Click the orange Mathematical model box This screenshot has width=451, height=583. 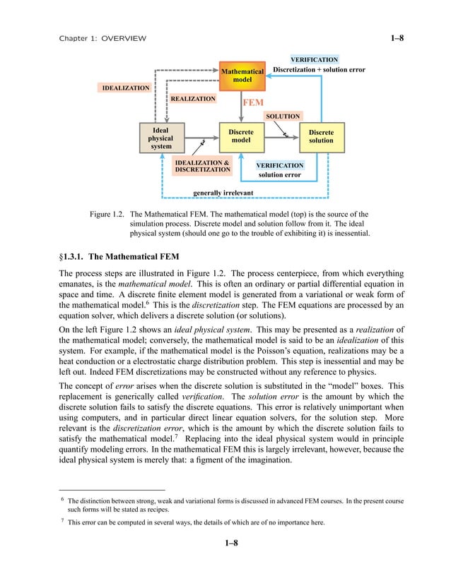(x=242, y=76)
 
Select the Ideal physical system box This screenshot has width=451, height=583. (x=160, y=137)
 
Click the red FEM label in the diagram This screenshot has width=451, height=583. (x=253, y=102)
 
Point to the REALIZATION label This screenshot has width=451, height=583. (x=192, y=100)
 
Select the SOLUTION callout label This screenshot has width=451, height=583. (x=283, y=116)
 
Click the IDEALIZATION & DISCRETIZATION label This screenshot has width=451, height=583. (x=202, y=166)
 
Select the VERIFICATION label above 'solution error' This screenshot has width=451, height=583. (x=280, y=165)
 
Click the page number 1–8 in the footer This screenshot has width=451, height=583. (x=225, y=543)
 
